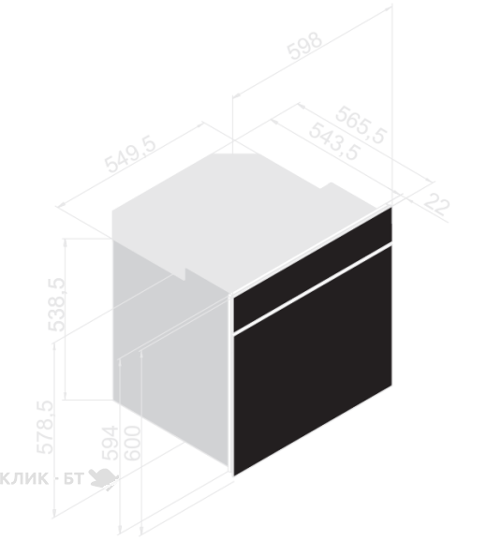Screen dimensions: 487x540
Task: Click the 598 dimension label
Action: tap(305, 47)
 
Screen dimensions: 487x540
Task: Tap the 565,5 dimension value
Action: tap(361, 124)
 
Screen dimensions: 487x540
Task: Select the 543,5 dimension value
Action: tap(334, 141)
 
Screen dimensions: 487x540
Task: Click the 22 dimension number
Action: tap(436, 205)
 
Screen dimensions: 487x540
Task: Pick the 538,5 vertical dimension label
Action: tap(56, 304)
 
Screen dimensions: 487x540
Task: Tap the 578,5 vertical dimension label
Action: tap(45, 427)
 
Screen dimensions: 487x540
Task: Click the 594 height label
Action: tap(111, 443)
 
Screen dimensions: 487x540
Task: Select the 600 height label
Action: tap(133, 443)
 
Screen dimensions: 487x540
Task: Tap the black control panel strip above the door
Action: tap(313, 270)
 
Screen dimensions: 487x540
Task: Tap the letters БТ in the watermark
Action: tap(73, 478)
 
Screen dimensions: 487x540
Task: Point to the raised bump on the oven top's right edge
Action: tap(331, 186)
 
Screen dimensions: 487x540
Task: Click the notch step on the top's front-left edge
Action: tap(185, 274)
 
